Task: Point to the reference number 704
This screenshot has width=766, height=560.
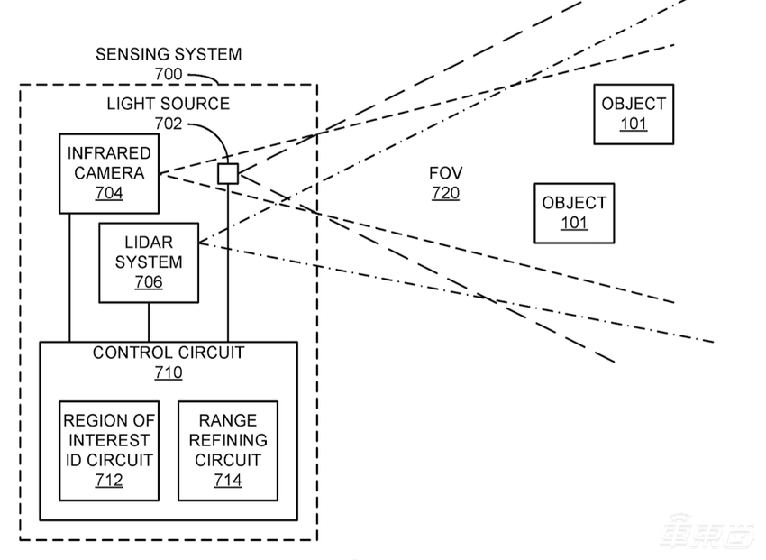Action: coord(109,193)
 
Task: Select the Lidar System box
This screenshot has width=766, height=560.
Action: coord(149,262)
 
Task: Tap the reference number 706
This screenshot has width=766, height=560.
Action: coord(149,282)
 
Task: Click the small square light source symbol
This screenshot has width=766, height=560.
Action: coord(228,173)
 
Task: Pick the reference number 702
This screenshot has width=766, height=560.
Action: coord(169,124)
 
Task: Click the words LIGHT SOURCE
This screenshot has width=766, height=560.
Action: coord(169,104)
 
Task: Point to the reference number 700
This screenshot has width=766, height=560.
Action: coord(169,74)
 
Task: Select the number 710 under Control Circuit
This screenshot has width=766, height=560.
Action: coord(169,372)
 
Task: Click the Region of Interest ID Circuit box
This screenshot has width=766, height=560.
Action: coord(109,450)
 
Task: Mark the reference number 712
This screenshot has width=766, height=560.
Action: coord(109,481)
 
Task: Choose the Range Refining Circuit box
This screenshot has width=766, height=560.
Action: coord(228,450)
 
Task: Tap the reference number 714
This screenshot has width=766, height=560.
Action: coord(228,481)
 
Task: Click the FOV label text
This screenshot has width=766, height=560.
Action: coord(446,173)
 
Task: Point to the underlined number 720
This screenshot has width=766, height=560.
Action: coord(446,193)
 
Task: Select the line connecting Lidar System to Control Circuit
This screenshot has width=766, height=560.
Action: coord(149,322)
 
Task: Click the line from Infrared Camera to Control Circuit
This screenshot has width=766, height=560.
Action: coord(69,278)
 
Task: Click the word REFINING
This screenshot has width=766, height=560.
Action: coord(228,440)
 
